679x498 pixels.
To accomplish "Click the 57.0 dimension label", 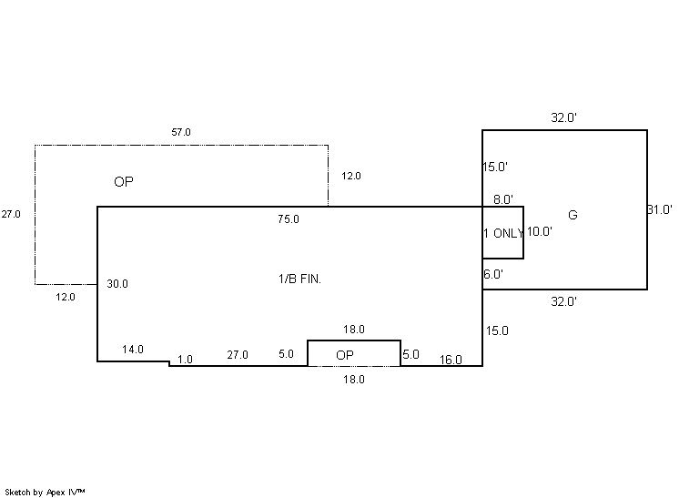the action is coord(181,132).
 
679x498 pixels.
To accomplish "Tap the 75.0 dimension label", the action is coord(289,219).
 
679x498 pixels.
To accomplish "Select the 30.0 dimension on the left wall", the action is coord(117,284).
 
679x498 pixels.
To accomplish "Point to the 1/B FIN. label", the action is coord(299,279).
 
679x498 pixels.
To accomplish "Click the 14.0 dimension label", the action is coord(133,349).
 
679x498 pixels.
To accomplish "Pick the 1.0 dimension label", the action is coord(185,360).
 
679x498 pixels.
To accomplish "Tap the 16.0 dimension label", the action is coord(451,360).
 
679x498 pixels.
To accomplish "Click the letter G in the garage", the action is coord(573,215).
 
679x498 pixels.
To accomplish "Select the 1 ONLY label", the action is coord(503,233).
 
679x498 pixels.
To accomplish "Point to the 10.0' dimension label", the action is coord(540,231).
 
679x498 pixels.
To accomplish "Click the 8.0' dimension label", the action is coord(503,199).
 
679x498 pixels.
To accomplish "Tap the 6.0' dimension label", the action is coord(493,274).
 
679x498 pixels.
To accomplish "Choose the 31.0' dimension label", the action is coord(660,209).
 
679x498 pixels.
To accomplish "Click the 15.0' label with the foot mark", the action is coord(495,167).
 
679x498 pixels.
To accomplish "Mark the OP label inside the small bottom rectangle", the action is coord(345,355).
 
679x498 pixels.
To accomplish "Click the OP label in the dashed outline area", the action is coord(124,181).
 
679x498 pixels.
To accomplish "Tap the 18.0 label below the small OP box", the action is coord(354,380).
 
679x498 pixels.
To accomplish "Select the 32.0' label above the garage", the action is coord(563,117).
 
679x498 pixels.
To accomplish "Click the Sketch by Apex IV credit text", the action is coord(45,493).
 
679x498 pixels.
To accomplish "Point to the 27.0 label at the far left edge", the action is coord(11,214).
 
